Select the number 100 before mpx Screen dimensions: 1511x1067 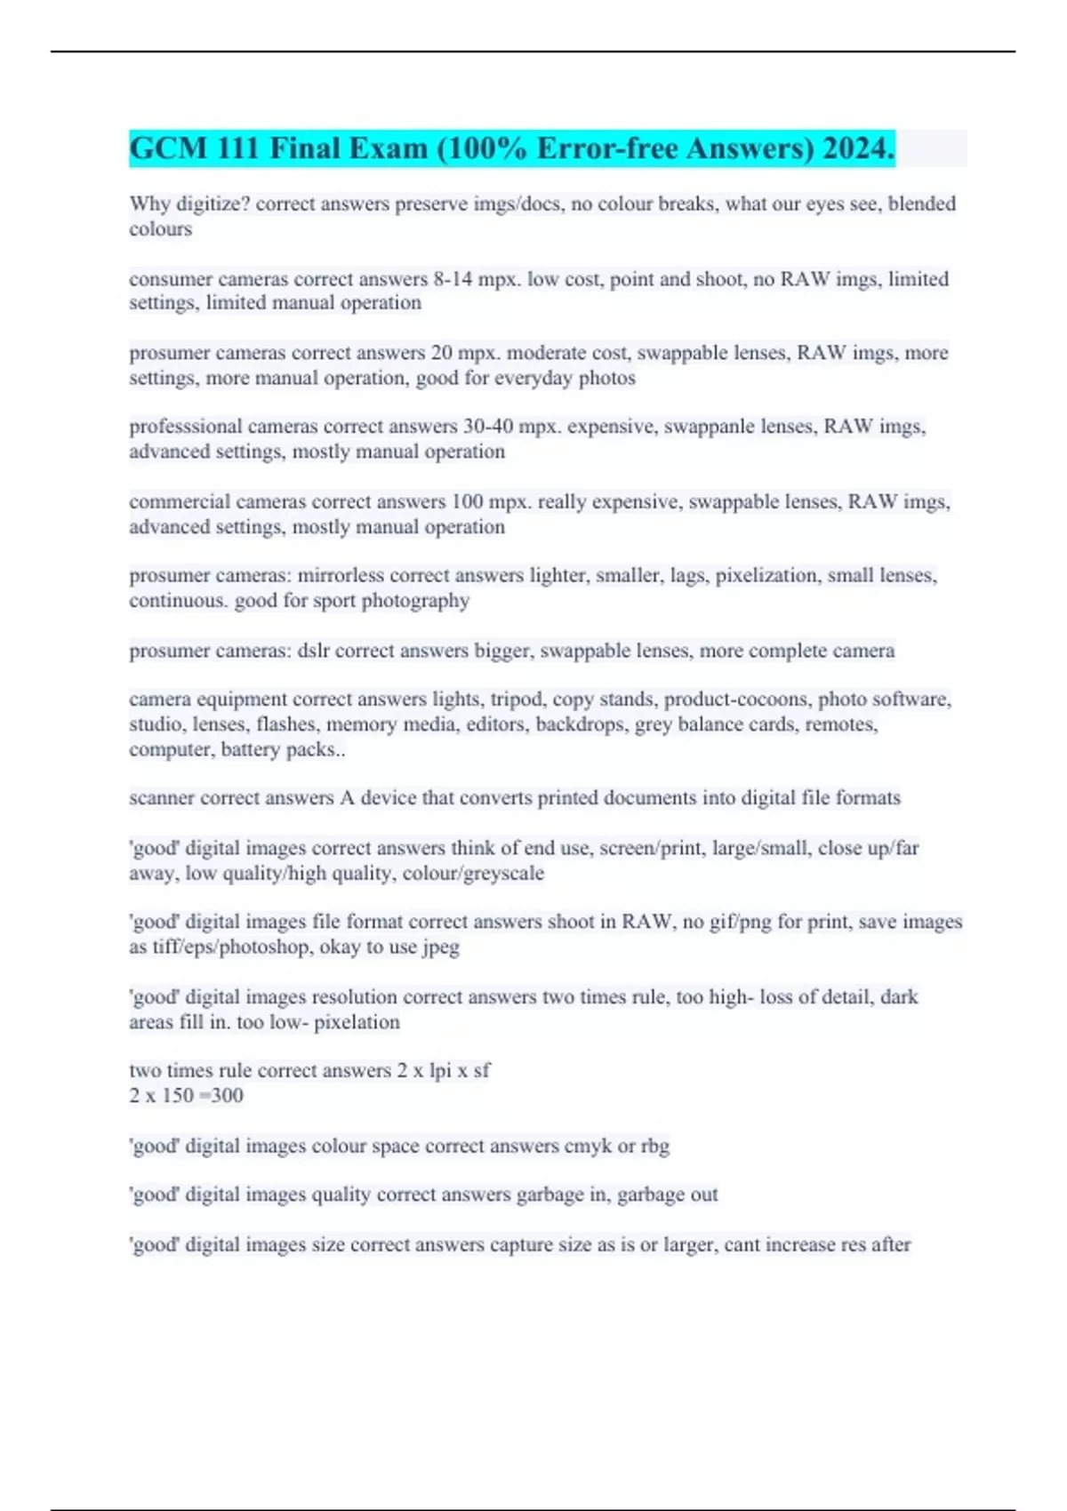click(467, 502)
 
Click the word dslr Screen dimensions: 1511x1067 click(314, 651)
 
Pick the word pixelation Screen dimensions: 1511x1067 click(357, 1022)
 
